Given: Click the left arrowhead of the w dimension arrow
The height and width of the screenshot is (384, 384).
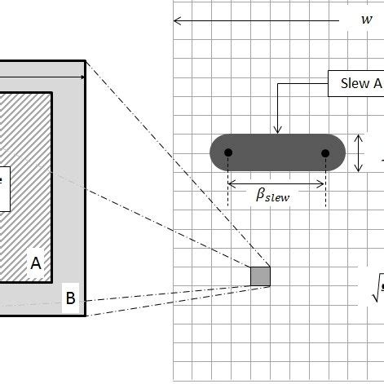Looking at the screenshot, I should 177,20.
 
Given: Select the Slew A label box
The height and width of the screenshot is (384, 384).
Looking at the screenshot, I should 355,84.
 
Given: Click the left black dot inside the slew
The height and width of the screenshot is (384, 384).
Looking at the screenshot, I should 228,153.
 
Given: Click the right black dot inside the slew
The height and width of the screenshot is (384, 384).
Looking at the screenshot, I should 326,153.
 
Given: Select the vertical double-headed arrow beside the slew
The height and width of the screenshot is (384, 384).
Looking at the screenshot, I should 360,153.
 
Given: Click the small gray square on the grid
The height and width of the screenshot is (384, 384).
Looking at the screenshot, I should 260,276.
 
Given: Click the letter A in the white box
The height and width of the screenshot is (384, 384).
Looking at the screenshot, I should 35,263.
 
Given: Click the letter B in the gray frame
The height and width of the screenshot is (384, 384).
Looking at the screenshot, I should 71,300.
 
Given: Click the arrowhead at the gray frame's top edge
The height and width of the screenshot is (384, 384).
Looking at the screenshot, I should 82,77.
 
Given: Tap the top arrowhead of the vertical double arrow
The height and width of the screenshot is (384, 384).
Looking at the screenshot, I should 360,137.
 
